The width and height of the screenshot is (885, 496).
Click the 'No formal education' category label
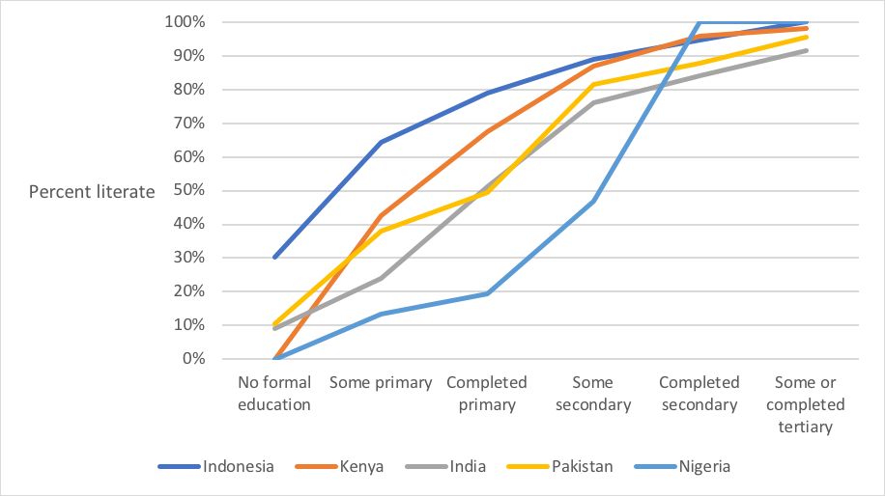(x=274, y=394)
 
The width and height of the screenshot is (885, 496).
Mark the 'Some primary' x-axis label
(x=381, y=383)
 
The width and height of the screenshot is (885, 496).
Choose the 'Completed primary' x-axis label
(x=487, y=394)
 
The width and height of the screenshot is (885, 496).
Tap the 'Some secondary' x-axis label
(x=593, y=394)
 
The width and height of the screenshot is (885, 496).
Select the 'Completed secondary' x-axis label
(x=699, y=394)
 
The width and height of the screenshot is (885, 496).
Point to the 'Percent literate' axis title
(x=92, y=192)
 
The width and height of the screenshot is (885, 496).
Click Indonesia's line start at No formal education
(x=275, y=258)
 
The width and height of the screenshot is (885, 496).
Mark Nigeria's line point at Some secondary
(x=593, y=201)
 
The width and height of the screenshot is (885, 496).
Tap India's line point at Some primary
(x=381, y=278)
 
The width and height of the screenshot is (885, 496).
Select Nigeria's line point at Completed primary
(x=487, y=293)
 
